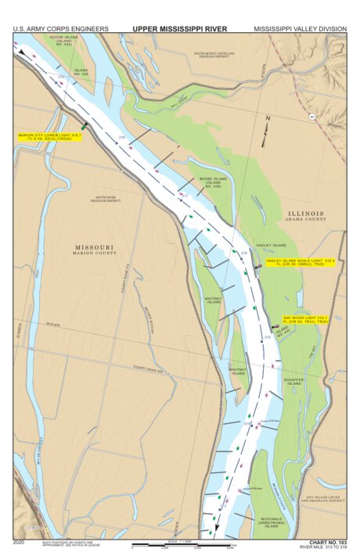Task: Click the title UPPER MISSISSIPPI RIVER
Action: tap(179, 29)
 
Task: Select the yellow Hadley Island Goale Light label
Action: tap(300, 262)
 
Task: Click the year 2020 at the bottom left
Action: tap(20, 541)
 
